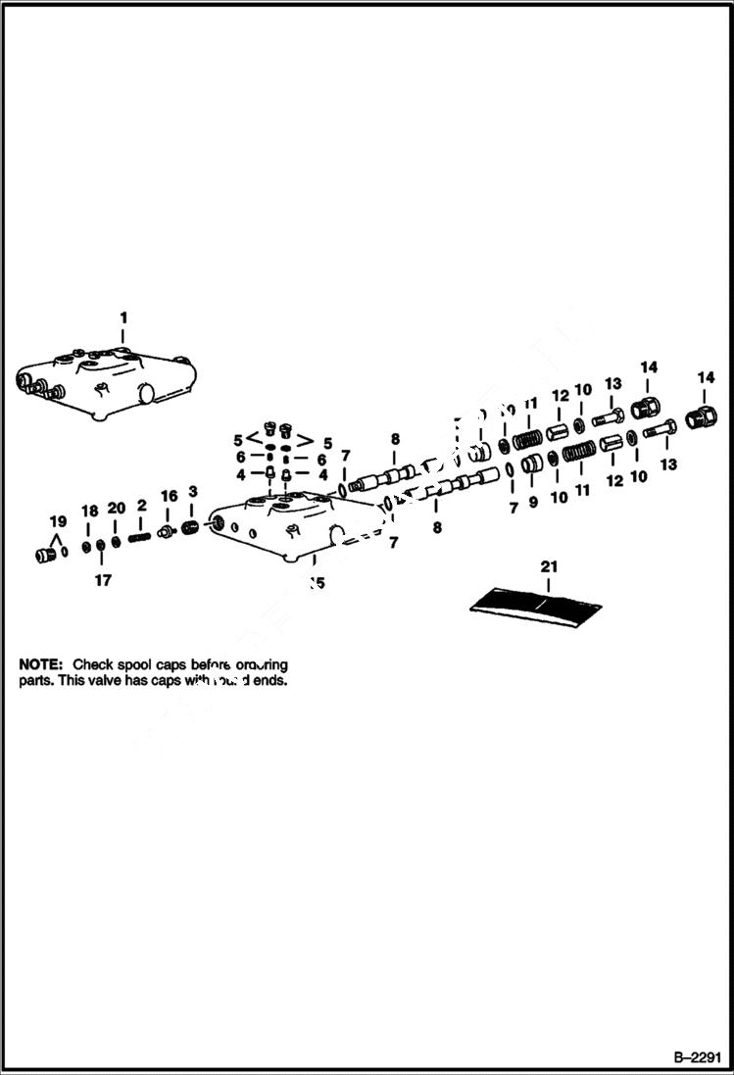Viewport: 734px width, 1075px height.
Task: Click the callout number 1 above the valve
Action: pos(123,318)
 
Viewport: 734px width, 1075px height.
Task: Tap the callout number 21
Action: pos(549,566)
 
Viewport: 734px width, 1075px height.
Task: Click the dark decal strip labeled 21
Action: pos(535,607)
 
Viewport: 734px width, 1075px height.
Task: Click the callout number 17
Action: pos(103,580)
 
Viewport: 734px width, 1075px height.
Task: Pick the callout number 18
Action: pos(89,511)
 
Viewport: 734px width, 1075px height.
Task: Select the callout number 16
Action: pos(169,496)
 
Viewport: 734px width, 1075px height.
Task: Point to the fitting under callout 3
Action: pos(192,529)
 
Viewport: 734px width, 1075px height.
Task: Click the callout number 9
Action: pos(534,502)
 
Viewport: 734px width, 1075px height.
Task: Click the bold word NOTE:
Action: pos(41,663)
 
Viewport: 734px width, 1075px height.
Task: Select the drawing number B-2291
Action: pos(698,1057)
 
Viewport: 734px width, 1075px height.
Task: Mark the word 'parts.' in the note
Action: pos(35,680)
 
